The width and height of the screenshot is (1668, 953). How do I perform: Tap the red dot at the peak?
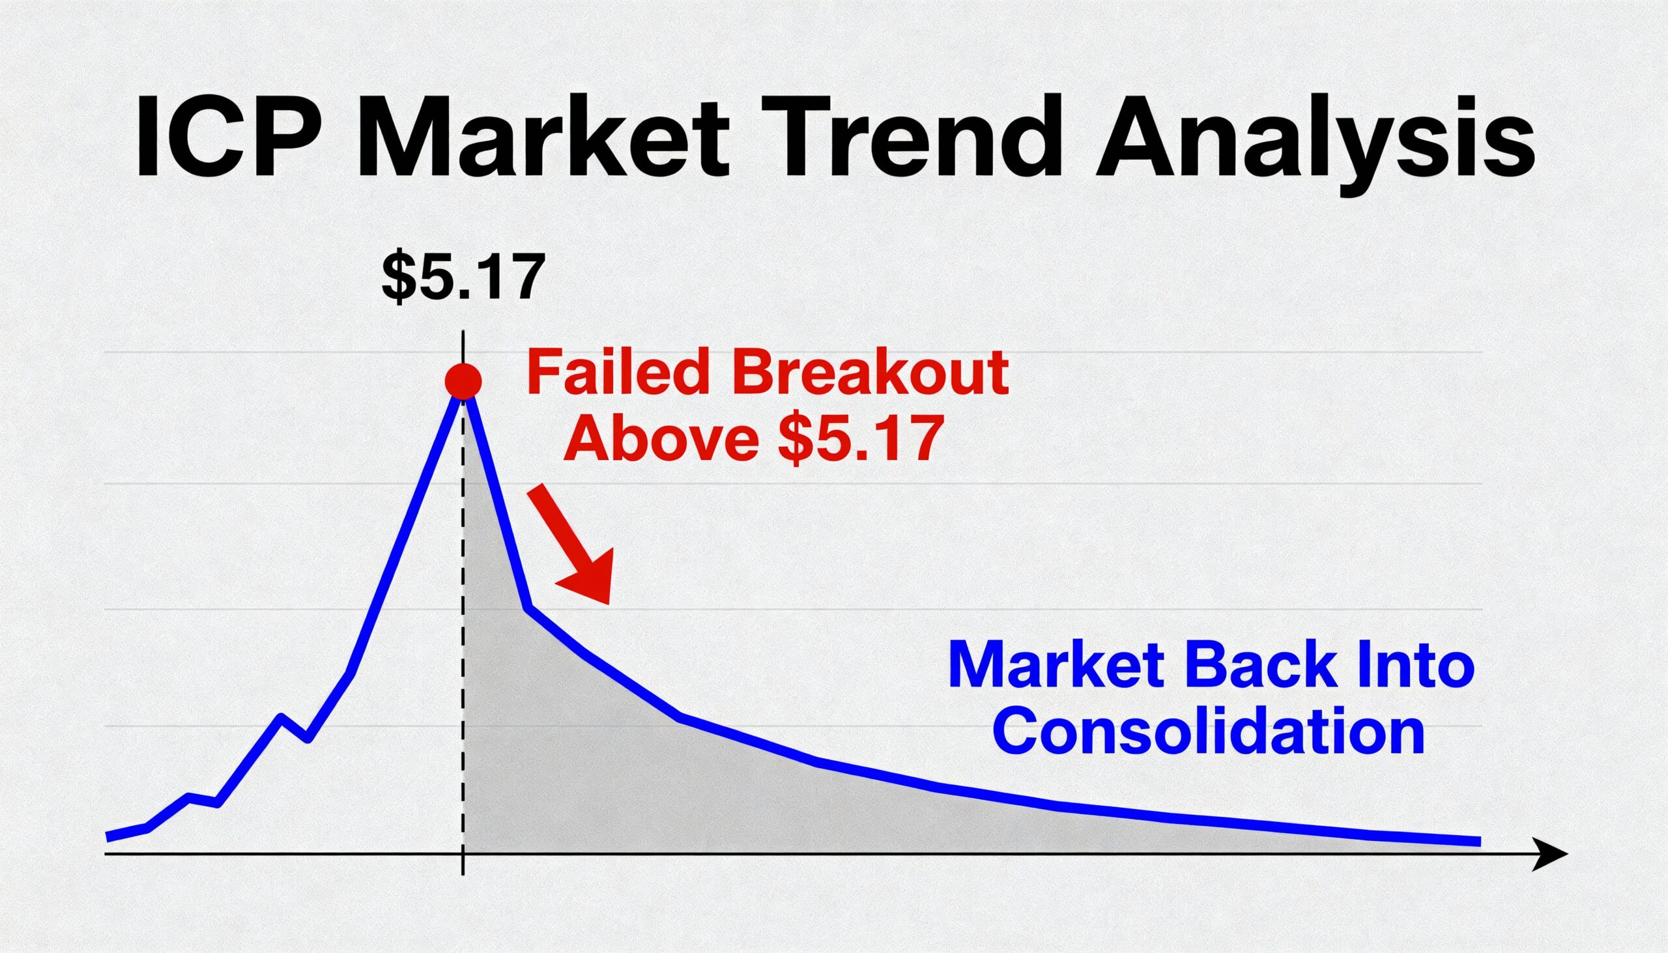[x=463, y=381]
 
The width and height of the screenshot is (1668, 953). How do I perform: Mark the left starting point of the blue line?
[x=108, y=837]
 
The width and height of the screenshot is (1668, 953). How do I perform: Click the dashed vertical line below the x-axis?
[x=463, y=864]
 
